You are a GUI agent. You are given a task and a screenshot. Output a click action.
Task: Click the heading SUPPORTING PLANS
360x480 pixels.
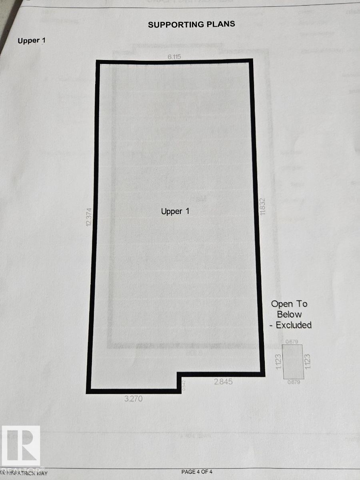coord(191,24)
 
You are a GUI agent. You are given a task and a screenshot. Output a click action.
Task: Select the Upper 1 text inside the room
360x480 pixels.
coord(175,211)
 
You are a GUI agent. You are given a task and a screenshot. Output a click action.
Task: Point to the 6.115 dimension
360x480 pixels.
coord(174,57)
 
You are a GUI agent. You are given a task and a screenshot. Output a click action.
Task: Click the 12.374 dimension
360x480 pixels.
coord(89,217)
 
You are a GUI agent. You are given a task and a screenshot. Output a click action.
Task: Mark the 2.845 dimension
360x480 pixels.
coord(222,382)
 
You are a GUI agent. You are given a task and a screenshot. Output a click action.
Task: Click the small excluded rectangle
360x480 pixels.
coord(294,361)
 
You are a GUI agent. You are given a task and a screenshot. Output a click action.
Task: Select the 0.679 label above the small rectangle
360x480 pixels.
coord(294,341)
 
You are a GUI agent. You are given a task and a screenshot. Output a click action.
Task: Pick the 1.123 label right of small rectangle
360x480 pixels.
coord(308,360)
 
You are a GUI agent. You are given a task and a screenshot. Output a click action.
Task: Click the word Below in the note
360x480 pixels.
coord(289,314)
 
